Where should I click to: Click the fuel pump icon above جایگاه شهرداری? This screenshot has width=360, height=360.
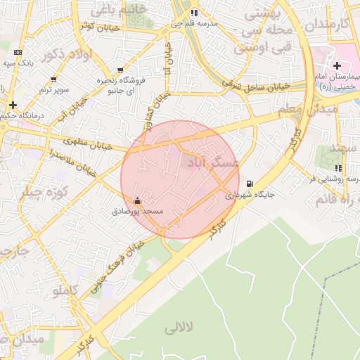pyautogui.click(x=247, y=184)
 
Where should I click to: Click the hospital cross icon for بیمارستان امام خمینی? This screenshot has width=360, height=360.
pyautogui.click(x=337, y=65)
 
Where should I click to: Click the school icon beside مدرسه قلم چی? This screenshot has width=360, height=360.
pyautogui.click(x=194, y=13)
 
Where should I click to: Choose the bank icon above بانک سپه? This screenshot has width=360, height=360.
pyautogui.click(x=18, y=53)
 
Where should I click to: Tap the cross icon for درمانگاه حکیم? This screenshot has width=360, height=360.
pyautogui.click(x=13, y=105)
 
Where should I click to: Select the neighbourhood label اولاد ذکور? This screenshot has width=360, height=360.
pyautogui.click(x=67, y=55)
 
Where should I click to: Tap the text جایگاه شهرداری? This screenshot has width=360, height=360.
pyautogui.click(x=250, y=195)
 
